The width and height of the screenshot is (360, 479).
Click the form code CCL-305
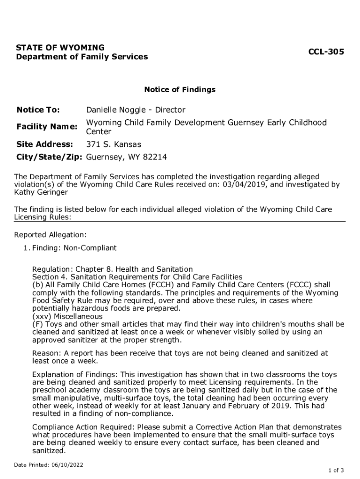326,52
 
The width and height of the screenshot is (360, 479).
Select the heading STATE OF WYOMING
60,48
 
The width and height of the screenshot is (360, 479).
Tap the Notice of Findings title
180,89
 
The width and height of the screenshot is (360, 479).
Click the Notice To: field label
38,110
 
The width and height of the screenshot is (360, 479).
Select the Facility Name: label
47,127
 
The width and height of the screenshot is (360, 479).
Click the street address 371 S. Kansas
114,144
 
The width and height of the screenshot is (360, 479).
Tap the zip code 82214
155,157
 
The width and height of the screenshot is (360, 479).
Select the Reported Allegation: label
50,235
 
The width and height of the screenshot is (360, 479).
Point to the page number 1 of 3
336,470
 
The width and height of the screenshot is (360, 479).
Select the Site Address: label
45,144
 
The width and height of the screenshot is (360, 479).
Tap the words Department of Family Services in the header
82,57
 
